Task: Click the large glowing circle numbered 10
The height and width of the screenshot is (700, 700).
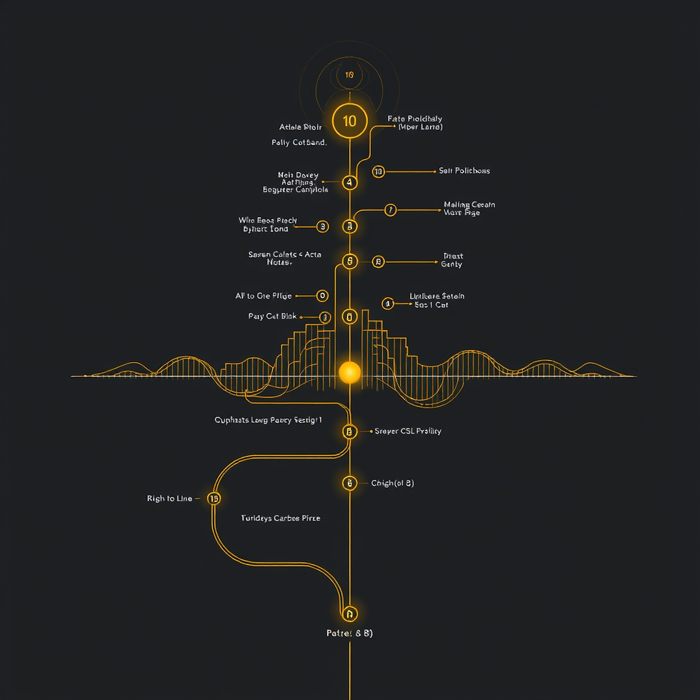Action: tap(349, 121)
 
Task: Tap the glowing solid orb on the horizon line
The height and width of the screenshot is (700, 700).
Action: tap(349, 372)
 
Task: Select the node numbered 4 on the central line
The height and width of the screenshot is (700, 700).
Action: tap(349, 182)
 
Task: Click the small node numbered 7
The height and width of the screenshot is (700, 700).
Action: tap(390, 210)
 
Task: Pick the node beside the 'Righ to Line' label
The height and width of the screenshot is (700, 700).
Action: tap(214, 499)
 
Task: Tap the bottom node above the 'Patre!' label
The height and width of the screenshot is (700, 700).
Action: tap(349, 614)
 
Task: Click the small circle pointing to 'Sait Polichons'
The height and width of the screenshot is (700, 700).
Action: tap(378, 171)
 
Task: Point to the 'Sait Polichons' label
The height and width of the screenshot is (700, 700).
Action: tap(464, 171)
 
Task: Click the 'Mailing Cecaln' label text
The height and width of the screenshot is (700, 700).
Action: tap(469, 205)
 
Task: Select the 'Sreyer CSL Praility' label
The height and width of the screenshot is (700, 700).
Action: tap(408, 431)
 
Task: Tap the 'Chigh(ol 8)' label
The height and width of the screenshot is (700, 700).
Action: tap(392, 484)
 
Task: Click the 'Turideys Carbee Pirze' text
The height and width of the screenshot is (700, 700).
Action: tap(281, 518)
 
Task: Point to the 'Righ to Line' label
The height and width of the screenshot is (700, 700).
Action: tap(169, 499)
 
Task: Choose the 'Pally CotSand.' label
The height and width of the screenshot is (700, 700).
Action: tap(299, 143)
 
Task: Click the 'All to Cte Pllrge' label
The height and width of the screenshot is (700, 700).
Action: tap(264, 296)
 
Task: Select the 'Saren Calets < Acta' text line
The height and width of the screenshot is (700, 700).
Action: tap(285, 254)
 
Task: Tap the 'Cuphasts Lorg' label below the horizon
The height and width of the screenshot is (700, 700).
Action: tap(268, 421)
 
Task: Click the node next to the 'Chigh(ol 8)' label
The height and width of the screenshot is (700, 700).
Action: tap(349, 484)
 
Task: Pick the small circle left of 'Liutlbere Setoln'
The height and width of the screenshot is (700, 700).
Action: tap(388, 304)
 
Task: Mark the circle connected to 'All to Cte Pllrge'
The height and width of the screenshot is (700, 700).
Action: tap(322, 296)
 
